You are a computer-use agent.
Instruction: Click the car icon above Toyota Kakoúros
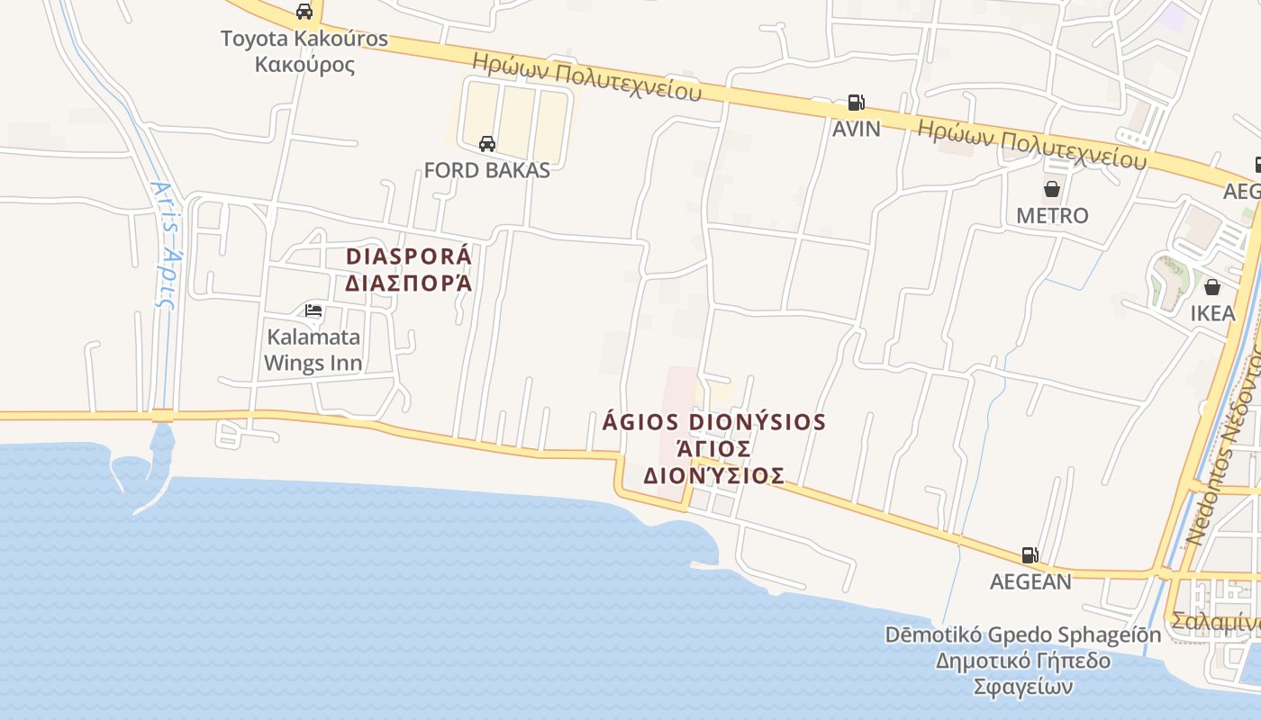(304, 12)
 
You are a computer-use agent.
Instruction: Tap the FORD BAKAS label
(486, 170)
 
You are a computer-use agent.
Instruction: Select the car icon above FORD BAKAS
(487, 144)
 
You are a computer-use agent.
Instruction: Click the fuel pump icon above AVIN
(856, 103)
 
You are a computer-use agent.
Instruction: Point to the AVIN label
(856, 129)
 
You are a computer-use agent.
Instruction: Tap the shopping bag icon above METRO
(1051, 189)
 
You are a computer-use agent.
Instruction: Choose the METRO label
(1052, 216)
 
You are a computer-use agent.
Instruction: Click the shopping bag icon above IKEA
(1212, 287)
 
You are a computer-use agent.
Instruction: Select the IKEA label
(1212, 313)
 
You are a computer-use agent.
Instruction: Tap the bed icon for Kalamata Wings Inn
(313, 310)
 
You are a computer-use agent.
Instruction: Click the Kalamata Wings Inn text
(313, 350)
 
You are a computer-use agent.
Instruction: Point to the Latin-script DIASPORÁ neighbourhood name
(409, 256)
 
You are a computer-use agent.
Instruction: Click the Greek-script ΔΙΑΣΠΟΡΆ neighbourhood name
(409, 283)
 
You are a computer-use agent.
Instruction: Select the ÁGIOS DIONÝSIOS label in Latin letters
(713, 422)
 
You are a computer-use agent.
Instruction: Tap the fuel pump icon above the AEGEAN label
(1030, 555)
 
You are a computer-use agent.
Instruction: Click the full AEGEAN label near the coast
(1030, 581)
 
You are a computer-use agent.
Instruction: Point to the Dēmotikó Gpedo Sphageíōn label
(1023, 634)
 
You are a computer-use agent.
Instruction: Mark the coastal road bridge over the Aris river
(162, 416)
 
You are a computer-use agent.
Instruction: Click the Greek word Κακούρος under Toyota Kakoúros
(304, 65)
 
